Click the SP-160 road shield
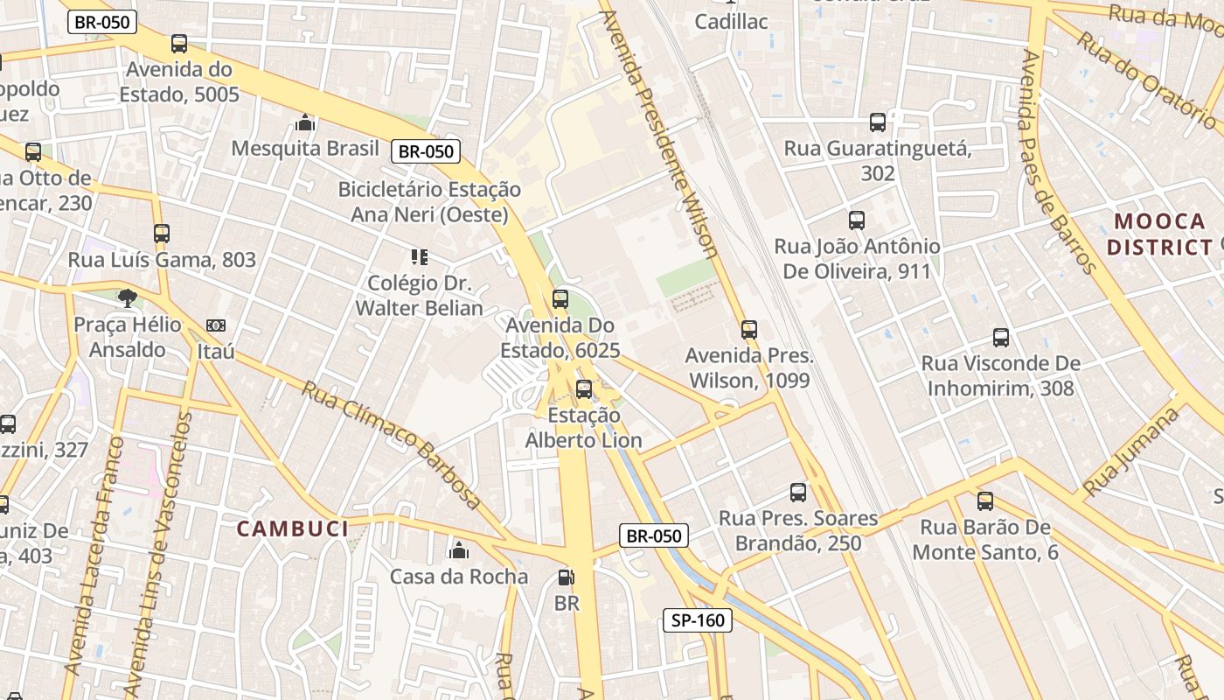pyautogui.click(x=697, y=620)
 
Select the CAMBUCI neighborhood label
pyautogui.click(x=293, y=528)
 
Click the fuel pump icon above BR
pyautogui.click(x=567, y=577)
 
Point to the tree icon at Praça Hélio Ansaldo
pyautogui.click(x=128, y=298)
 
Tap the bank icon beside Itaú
pyautogui.click(x=216, y=325)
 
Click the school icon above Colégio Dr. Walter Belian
pyautogui.click(x=420, y=257)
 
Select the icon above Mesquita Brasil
pyautogui.click(x=305, y=122)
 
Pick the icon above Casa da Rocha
pyautogui.click(x=459, y=550)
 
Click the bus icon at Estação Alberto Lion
pyautogui.click(x=584, y=389)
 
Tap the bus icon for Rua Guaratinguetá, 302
pyautogui.click(x=878, y=122)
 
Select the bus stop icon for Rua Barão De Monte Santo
pyautogui.click(x=985, y=501)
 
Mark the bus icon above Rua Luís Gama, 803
pyautogui.click(x=162, y=234)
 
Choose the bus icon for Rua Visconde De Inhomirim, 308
pyautogui.click(x=1001, y=337)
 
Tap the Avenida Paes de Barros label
pyautogui.click(x=1058, y=162)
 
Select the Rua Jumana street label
pyautogui.click(x=1130, y=451)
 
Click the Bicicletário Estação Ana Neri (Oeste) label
pyautogui.click(x=429, y=202)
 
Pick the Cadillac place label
pyautogui.click(x=731, y=21)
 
